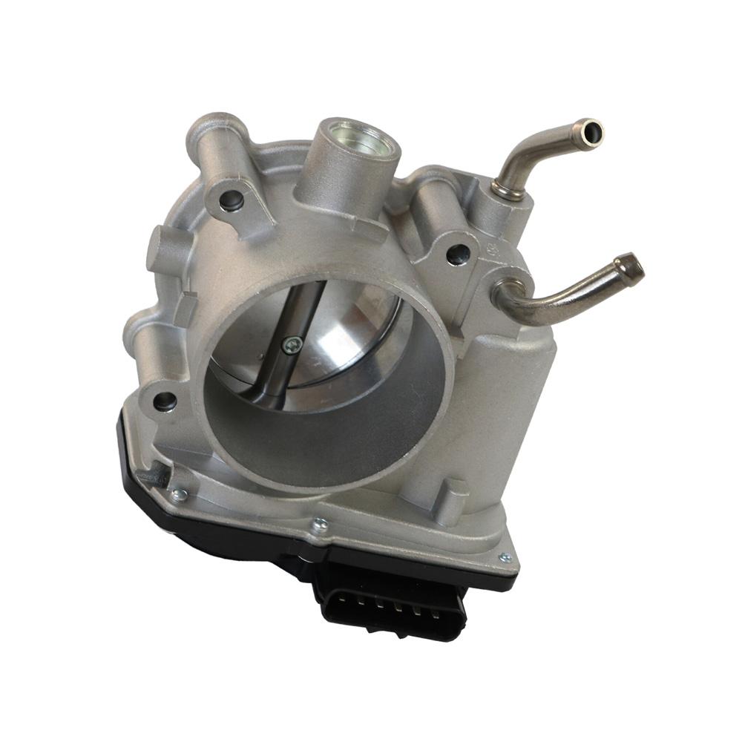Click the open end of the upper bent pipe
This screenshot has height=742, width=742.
tap(592, 133)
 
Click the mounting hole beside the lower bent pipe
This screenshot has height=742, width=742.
tap(456, 255)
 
